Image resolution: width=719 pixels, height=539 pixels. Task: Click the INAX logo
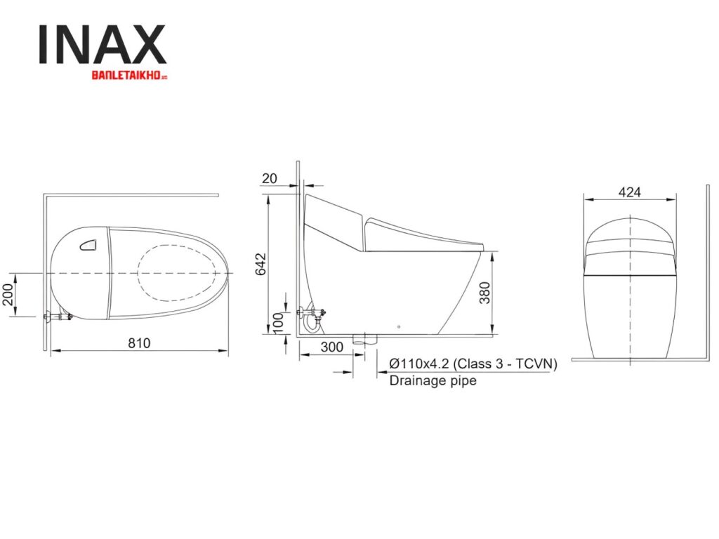point(102,45)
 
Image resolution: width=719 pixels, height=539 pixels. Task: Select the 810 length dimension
point(138,342)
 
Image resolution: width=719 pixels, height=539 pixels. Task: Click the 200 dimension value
point(6,295)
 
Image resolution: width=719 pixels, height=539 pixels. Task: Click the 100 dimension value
point(279,322)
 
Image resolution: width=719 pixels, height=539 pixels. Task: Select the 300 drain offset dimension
point(331,347)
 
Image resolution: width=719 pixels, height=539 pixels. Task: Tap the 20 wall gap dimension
point(270,178)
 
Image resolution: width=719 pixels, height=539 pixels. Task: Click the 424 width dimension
point(629,192)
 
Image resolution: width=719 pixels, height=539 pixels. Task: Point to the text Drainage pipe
point(433,380)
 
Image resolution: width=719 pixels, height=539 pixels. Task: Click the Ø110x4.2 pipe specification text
point(473,364)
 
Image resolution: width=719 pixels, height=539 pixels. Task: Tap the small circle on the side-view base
point(398,327)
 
